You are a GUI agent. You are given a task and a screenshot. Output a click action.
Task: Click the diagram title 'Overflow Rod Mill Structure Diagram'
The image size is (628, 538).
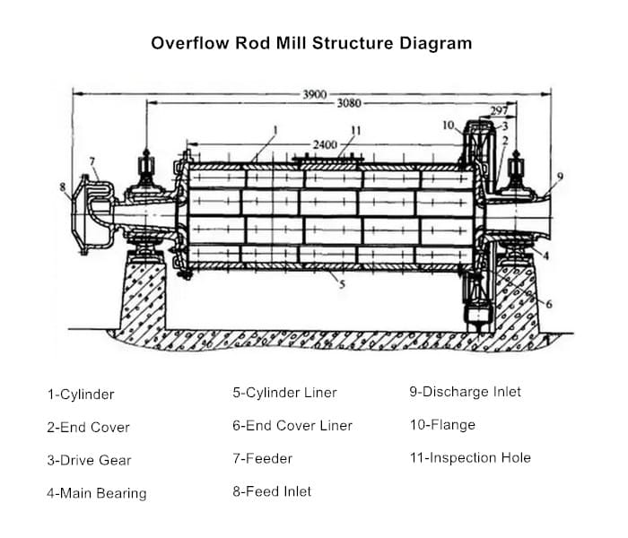tap(310, 43)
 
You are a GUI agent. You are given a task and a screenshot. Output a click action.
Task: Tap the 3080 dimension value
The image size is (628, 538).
tap(349, 103)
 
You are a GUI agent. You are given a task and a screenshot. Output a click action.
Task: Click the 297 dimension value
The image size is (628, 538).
tap(500, 111)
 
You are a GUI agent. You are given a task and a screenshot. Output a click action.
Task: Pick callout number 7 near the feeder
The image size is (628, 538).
tap(92, 162)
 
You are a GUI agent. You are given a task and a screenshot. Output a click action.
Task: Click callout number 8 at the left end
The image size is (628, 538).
tap(63, 187)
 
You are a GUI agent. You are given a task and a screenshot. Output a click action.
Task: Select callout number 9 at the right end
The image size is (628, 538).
tap(560, 176)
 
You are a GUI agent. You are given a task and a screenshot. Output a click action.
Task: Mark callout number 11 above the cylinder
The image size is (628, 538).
tap(356, 131)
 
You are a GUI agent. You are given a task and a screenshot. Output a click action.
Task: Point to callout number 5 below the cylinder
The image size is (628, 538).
tap(342, 285)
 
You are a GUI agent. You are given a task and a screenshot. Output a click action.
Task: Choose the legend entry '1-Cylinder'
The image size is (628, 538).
tap(81, 394)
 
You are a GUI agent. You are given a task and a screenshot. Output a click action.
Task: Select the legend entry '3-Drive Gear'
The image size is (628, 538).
tap(89, 460)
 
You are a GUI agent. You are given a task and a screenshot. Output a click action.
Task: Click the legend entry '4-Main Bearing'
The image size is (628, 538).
tap(96, 492)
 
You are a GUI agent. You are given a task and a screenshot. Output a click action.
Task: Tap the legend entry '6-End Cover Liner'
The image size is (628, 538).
tap(292, 425)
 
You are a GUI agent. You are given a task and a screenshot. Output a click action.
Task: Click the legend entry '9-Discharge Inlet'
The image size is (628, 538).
tap(465, 392)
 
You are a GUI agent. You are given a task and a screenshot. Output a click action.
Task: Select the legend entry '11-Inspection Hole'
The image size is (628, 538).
tap(470, 457)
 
